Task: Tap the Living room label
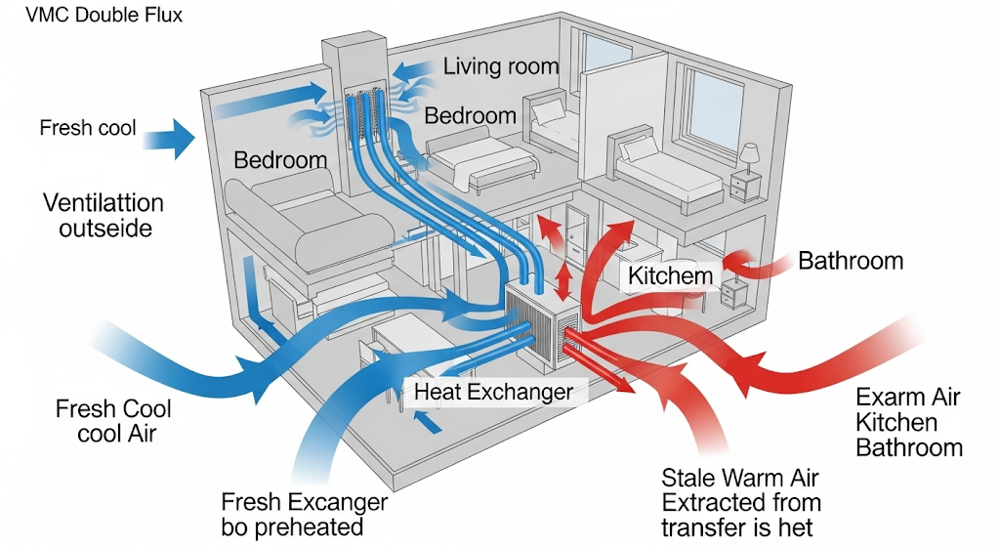coord(500,67)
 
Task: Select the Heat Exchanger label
coord(493,392)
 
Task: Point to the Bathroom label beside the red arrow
coord(850,261)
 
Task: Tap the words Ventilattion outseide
coord(103,216)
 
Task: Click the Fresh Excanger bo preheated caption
coord(304,514)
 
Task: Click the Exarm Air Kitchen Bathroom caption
coord(908,422)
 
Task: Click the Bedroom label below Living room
coord(470,115)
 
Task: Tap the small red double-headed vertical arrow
coord(564,282)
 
